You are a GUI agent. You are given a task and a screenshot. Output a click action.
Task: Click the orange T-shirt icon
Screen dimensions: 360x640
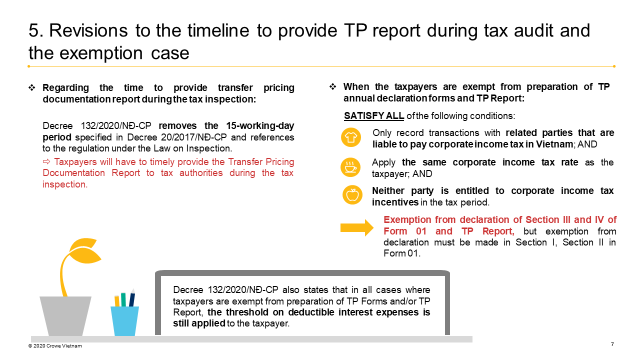pyautogui.click(x=351, y=137)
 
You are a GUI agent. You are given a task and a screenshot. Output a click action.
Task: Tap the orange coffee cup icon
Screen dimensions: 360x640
pyautogui.click(x=351, y=167)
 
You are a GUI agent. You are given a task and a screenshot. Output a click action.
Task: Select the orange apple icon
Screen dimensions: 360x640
pyautogui.click(x=352, y=195)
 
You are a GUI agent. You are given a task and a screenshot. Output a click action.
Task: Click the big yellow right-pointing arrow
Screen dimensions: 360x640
pyautogui.click(x=356, y=227)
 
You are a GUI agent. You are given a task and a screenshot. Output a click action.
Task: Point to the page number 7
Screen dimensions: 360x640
pyautogui.click(x=612, y=344)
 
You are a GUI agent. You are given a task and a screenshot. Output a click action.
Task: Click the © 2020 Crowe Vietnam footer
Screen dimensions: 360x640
pyautogui.click(x=55, y=345)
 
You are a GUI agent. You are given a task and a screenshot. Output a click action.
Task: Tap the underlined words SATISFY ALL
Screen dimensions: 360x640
pyautogui.click(x=374, y=116)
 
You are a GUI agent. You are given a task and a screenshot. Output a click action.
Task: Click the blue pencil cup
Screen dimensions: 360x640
pyautogui.click(x=124, y=320)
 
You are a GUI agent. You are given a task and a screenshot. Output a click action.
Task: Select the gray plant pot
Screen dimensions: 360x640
pyautogui.click(x=65, y=315)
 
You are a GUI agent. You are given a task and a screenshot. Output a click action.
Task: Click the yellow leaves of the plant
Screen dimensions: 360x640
pyautogui.click(x=83, y=250)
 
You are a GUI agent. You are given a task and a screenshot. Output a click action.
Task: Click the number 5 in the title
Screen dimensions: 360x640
pyautogui.click(x=34, y=30)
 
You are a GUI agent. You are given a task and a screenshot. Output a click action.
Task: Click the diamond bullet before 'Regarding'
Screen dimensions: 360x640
pyautogui.click(x=32, y=88)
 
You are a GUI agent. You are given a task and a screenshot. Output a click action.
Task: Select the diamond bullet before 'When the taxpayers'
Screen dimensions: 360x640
pyautogui.click(x=333, y=87)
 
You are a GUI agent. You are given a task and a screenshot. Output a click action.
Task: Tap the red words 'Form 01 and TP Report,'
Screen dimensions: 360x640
pyautogui.click(x=449, y=231)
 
